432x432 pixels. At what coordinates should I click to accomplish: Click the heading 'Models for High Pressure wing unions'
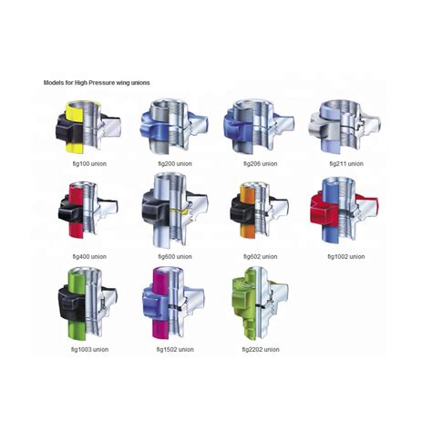click(97, 83)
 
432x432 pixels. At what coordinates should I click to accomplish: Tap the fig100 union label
click(89, 164)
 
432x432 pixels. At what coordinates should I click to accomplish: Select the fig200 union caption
click(175, 164)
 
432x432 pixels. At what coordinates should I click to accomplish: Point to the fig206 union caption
click(261, 164)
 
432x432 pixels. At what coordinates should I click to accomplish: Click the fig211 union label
click(346, 164)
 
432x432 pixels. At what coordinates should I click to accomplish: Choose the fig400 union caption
click(89, 257)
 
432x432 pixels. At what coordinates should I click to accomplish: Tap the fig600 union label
click(175, 257)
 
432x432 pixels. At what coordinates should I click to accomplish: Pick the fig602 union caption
click(261, 257)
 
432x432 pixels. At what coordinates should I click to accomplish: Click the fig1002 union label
click(346, 257)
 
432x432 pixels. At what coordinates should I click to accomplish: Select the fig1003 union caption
click(89, 350)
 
